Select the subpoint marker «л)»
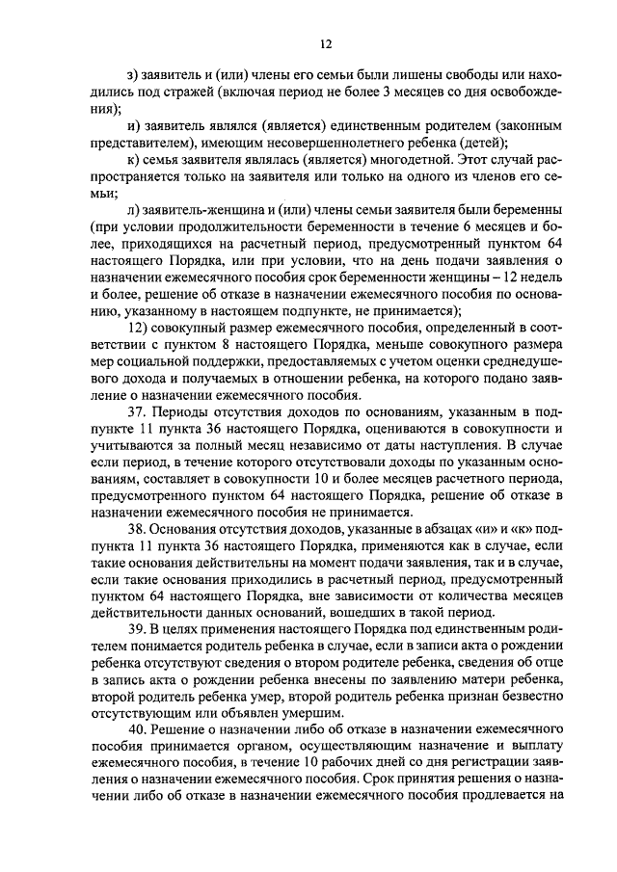[x=132, y=209]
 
